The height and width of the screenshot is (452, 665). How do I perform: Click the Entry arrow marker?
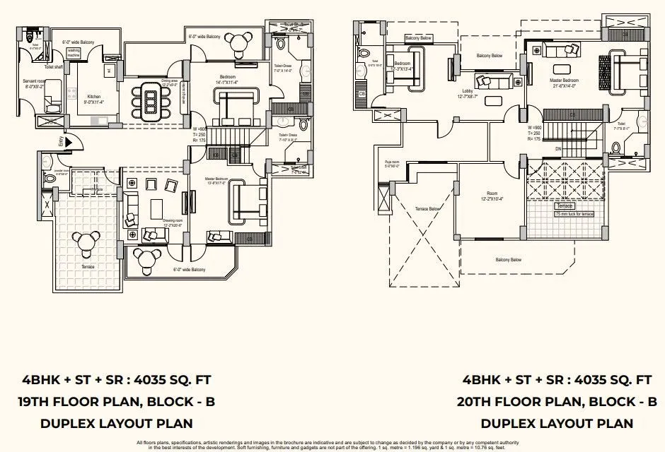coord(61,142)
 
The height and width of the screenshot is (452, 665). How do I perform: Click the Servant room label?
coord(34,84)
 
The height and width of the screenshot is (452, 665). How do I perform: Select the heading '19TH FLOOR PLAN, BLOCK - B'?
coord(115,402)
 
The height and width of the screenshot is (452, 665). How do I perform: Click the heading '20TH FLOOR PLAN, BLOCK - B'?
coord(557,402)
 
